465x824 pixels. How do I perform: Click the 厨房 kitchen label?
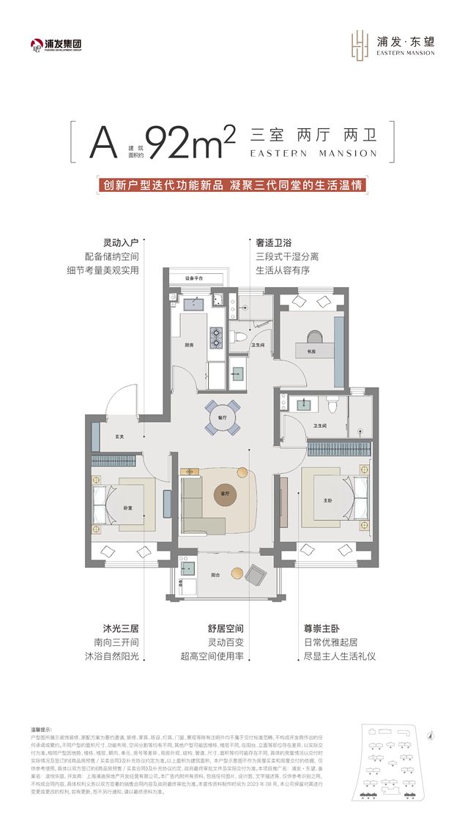(189, 345)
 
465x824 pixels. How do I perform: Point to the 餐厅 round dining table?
(222, 417)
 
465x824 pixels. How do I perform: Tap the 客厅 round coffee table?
(226, 495)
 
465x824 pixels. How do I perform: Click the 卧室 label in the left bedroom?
(127, 508)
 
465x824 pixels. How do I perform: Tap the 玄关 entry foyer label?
(119, 437)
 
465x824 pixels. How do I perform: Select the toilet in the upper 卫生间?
(242, 338)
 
